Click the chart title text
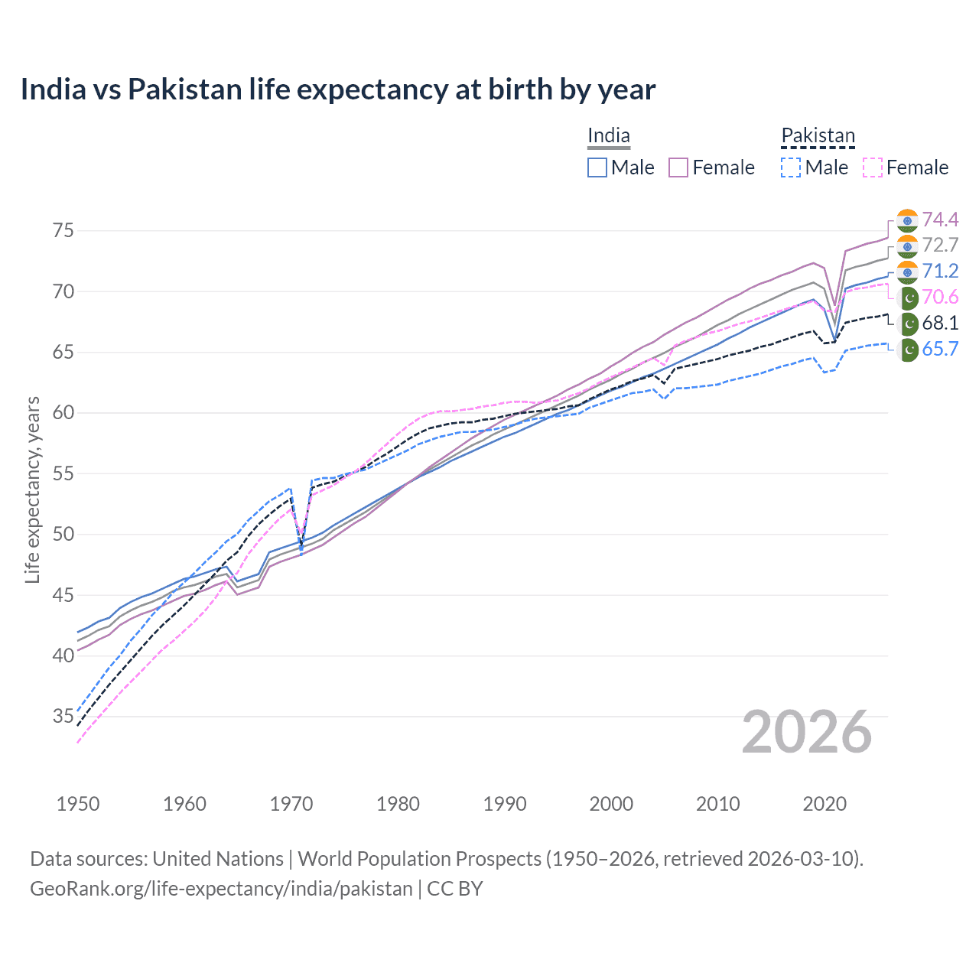tap(337, 89)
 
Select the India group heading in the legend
tap(608, 136)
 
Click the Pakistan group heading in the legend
tap(818, 136)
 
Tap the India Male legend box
tap(597, 168)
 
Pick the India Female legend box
tap(678, 168)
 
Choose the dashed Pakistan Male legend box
tap(791, 168)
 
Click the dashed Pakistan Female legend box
tap(873, 168)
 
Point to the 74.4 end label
tap(940, 220)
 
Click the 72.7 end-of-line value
tap(940, 246)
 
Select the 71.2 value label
tap(940, 272)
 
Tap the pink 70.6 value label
tap(940, 298)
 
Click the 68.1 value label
tap(940, 324)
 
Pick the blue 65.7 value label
tap(940, 350)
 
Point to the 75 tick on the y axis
tap(63, 230)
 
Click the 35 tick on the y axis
tap(63, 717)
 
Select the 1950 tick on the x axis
tap(78, 804)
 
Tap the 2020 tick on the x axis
tap(825, 804)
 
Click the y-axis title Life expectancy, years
tap(32, 489)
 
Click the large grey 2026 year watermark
tap(806, 732)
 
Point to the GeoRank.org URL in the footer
tap(221, 889)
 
